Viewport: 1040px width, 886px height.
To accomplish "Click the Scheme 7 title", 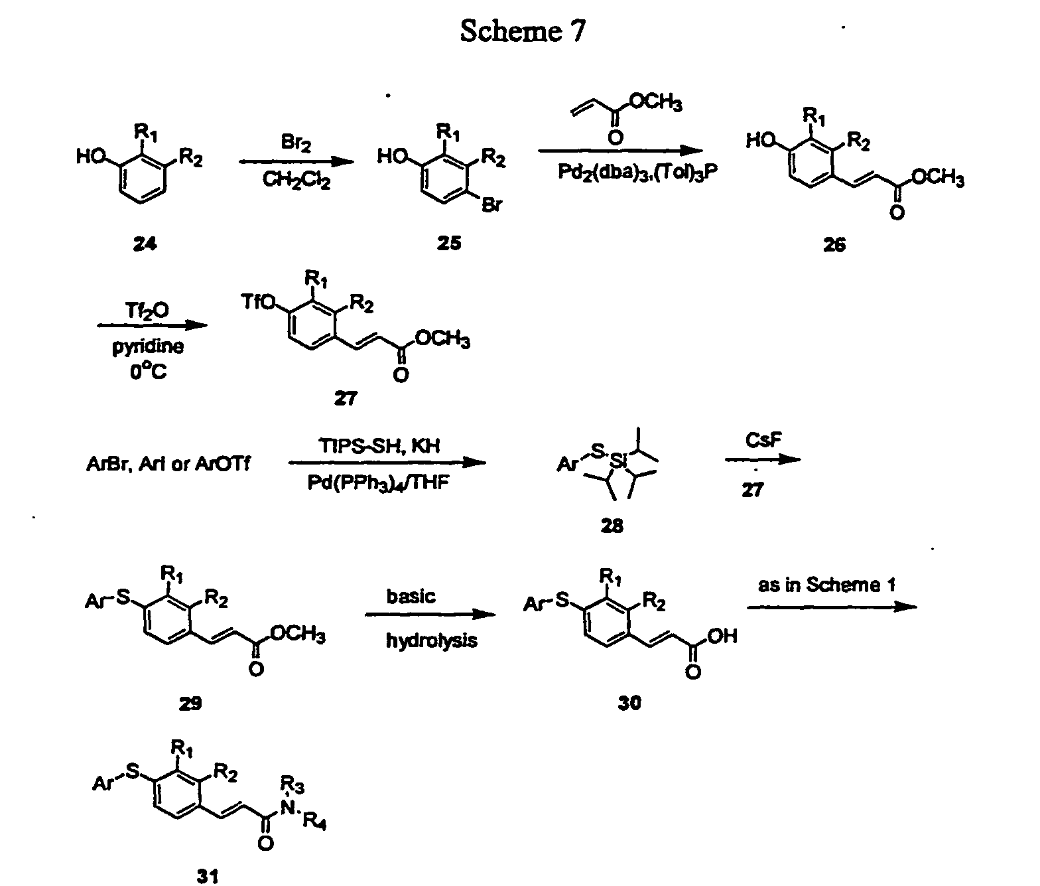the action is (x=523, y=31).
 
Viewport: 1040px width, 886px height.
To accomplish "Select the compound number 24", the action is (x=145, y=244).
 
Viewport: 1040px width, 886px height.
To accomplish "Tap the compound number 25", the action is (x=449, y=243).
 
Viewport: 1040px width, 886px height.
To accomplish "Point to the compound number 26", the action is (x=834, y=245).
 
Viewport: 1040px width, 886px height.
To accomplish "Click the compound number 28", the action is (x=612, y=526).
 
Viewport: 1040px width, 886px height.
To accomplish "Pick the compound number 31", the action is (x=208, y=877).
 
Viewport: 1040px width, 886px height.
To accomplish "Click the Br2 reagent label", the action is (x=296, y=143).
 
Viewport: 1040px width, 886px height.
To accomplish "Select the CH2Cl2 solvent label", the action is (x=296, y=180).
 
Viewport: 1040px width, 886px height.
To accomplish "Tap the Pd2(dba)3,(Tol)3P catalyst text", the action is (x=637, y=172).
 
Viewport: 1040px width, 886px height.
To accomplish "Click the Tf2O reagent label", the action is (x=147, y=311).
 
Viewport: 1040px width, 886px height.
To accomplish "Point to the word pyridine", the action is (x=147, y=347).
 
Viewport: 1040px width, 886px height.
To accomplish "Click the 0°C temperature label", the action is (x=148, y=372).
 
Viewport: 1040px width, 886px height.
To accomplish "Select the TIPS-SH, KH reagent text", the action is (x=379, y=445).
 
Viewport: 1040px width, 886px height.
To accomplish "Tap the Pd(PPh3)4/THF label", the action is (x=378, y=483).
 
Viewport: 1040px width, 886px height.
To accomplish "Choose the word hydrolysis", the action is (x=431, y=641).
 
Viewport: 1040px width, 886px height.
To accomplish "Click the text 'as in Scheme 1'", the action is (x=826, y=585).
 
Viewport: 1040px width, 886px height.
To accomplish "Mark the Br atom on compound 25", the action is (x=491, y=205).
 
